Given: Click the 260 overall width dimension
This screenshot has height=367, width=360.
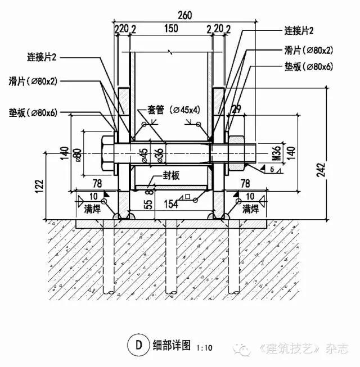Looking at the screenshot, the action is tap(185, 15).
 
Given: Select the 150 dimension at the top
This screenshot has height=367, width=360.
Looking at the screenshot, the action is tap(171, 29).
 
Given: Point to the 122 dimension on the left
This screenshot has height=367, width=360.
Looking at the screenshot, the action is tap(39, 186).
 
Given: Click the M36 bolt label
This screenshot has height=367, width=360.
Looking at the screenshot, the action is tap(277, 153).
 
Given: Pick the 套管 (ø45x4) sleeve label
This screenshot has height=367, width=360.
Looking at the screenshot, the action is tap(174, 110).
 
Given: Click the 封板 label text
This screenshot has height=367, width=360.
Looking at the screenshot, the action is tap(171, 175).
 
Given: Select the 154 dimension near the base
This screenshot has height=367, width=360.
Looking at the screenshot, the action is tap(171, 204).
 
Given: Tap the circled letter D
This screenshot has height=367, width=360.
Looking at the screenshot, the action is tap(138, 345).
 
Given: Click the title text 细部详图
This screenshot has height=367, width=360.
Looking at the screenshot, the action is tap(172, 346).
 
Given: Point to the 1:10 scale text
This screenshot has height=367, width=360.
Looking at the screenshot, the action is tap(204, 348).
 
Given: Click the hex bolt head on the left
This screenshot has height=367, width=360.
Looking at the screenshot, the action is tap(108, 153).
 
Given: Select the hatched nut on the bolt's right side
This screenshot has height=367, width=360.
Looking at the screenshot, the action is tap(236, 153).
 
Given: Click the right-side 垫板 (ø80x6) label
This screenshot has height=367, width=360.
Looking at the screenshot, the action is tap(308, 67).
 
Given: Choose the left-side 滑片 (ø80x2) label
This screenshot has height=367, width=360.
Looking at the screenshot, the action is tap(33, 81).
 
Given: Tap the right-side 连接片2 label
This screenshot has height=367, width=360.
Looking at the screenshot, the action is tap(299, 31).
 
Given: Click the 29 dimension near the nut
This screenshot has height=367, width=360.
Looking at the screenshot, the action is tap(236, 109).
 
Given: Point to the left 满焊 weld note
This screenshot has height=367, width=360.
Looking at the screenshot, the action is tap(92, 209).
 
